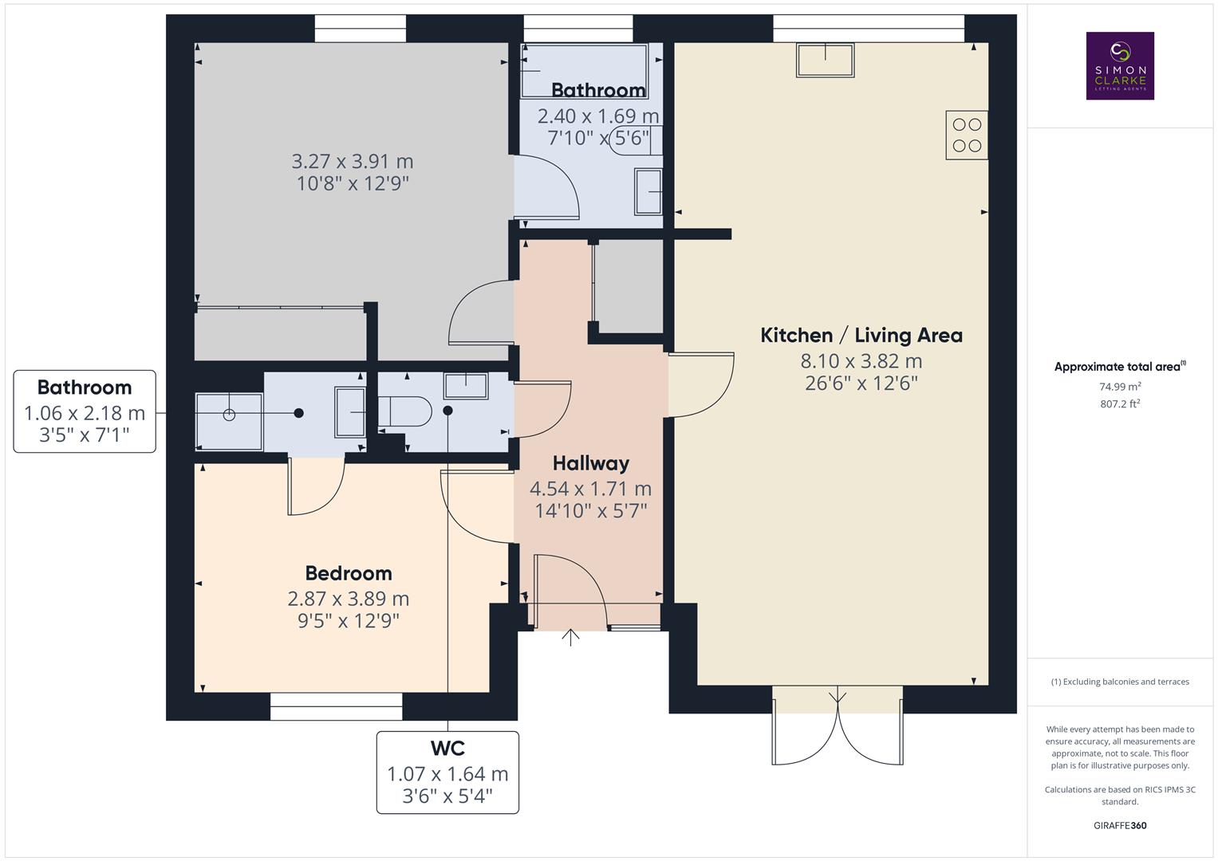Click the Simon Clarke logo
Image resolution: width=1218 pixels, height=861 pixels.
tap(1120, 65)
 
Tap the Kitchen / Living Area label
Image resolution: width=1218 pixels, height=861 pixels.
tap(861, 336)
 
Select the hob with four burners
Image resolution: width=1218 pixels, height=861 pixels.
tap(967, 135)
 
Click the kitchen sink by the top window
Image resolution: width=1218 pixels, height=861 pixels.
tap(825, 60)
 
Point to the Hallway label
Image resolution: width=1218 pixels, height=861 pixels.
tap(590, 463)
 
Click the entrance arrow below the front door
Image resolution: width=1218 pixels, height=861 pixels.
tap(570, 637)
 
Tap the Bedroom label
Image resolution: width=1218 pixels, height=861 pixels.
tap(349, 573)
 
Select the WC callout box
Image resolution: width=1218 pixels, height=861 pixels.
tap(447, 772)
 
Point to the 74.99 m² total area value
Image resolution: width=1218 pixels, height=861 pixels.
tap(1120, 387)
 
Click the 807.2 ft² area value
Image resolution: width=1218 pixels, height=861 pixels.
tap(1120, 404)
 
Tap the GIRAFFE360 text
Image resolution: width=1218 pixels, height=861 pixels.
tap(1120, 826)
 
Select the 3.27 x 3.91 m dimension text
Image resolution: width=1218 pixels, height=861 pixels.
tap(352, 162)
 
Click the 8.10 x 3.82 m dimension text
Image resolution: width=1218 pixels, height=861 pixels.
tap(861, 361)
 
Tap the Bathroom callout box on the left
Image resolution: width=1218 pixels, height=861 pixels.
tap(85, 411)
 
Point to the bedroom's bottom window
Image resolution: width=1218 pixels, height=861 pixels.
tap(336, 706)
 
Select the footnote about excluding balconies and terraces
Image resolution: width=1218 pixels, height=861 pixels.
tap(1120, 682)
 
